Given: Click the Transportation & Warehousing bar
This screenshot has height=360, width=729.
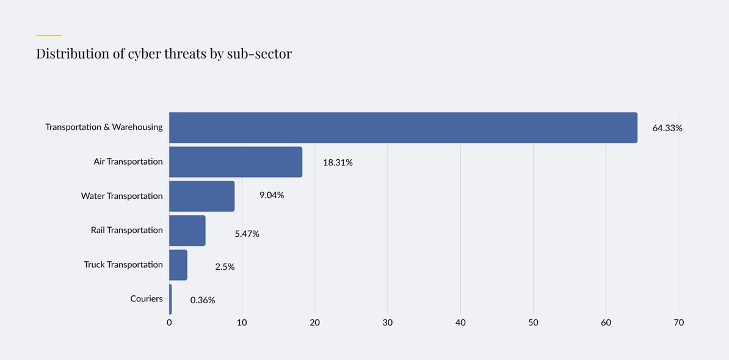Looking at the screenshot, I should click(403, 128).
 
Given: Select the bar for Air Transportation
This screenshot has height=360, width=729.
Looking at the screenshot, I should click(236, 162).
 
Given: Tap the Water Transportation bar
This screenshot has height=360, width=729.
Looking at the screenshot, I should click(201, 196).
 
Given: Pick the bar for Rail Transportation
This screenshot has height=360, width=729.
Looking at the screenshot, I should click(187, 230).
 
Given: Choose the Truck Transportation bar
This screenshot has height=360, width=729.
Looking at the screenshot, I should click(178, 264).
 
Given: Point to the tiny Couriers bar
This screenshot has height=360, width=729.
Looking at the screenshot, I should click(170, 299).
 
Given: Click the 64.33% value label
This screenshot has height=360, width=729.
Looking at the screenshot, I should click(667, 128).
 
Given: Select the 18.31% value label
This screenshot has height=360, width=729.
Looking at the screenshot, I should click(338, 162).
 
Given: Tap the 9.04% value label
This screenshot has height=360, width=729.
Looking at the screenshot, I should click(272, 195).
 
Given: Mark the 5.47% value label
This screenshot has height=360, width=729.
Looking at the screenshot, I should click(247, 234).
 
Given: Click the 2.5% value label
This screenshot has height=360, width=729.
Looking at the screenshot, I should click(225, 267).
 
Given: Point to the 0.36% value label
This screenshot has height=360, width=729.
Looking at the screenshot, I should click(203, 300).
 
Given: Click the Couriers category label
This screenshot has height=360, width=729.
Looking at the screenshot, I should click(147, 298).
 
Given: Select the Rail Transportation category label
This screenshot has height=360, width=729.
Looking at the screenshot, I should click(126, 230).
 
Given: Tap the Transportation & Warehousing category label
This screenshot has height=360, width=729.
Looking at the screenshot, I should click(104, 127).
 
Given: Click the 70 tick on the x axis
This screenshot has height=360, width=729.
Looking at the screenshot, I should click(679, 322).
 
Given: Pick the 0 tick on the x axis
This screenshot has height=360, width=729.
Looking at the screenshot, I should click(169, 322).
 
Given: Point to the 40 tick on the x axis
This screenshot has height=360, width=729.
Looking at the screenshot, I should click(460, 322).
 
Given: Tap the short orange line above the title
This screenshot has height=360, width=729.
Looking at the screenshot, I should click(48, 35).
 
